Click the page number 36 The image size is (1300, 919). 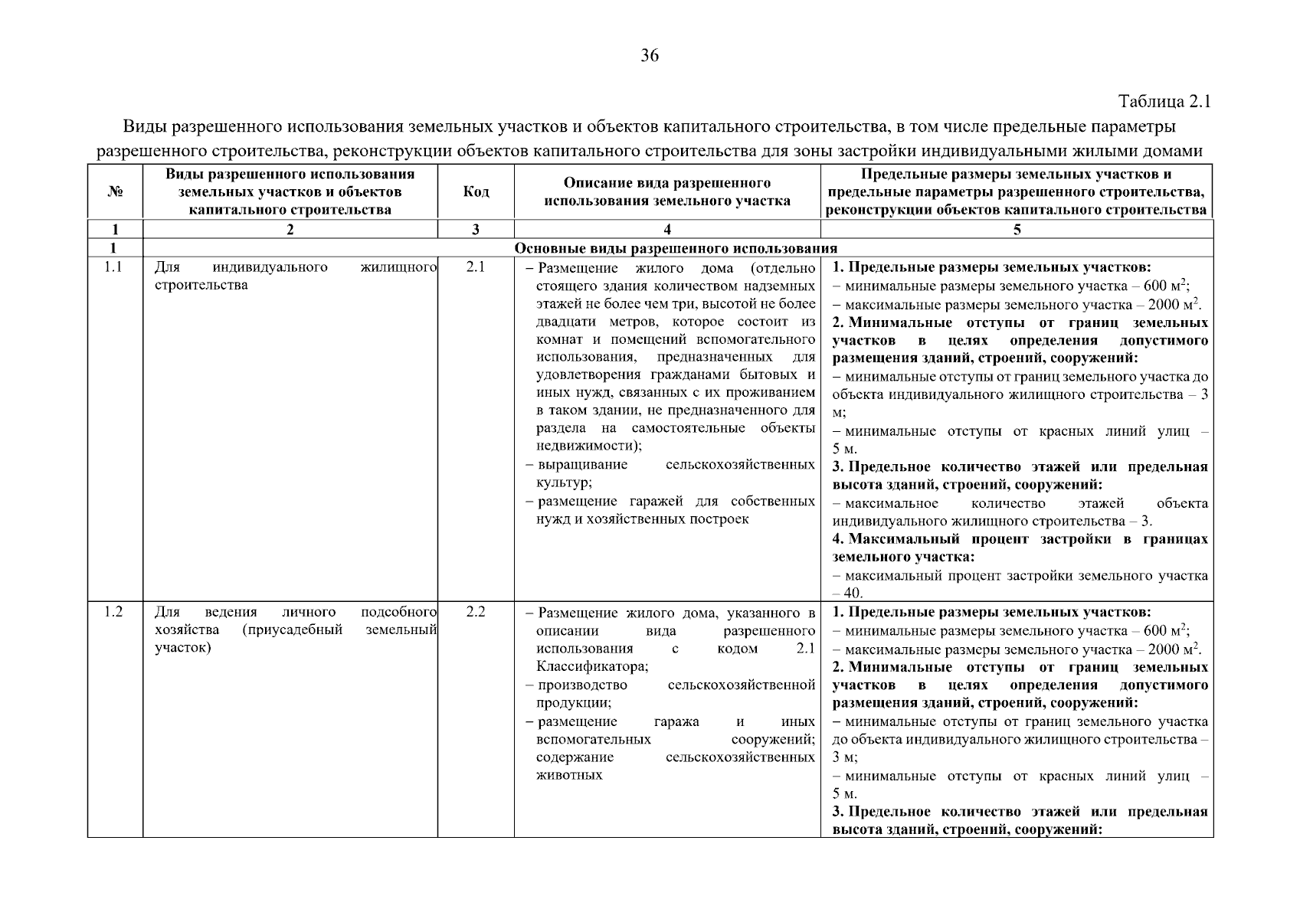pos(650,55)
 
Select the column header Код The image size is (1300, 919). pos(476,192)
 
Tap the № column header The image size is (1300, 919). pos(115,192)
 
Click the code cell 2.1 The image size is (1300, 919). pos(476,268)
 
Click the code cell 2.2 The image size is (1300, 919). pos(476,613)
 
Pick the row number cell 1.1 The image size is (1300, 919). pos(114,268)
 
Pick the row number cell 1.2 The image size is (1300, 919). pos(114,613)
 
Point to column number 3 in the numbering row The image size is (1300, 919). pos(476,230)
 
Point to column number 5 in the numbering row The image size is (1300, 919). pos(1017,230)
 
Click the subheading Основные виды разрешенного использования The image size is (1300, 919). pos(676,249)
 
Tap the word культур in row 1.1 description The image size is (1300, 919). pos(562,483)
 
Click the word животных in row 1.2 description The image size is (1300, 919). pos(569,776)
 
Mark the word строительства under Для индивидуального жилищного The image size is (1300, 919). pos(201,286)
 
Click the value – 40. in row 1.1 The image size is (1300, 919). pos(848,594)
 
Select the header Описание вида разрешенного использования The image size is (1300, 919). pos(667,192)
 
